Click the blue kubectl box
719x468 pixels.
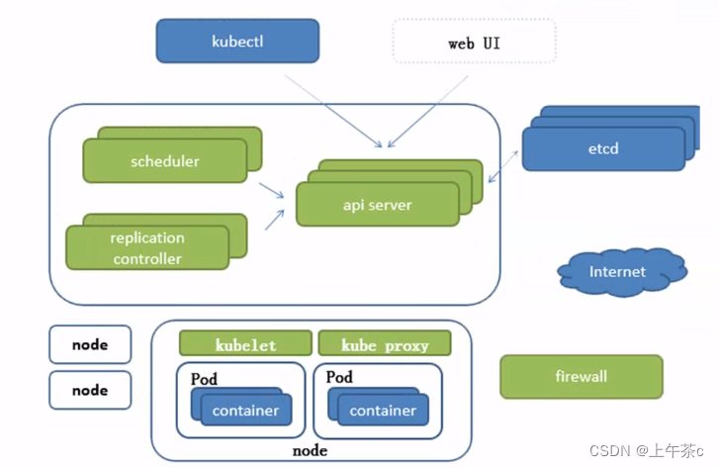point(237,41)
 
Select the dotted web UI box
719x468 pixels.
point(474,42)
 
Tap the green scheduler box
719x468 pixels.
point(165,161)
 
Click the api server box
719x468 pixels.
point(378,204)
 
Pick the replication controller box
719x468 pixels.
point(147,247)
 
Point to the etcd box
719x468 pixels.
point(603,148)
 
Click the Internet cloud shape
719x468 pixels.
point(622,272)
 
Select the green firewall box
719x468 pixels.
point(582,376)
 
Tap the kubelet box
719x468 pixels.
point(246,343)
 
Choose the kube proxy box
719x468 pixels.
point(385,343)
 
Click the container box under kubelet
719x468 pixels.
point(246,410)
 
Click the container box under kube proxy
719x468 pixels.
point(383,410)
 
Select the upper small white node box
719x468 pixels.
point(90,344)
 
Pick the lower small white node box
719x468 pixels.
point(90,390)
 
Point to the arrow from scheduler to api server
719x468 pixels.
point(271,190)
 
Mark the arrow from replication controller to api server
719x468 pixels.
point(275,220)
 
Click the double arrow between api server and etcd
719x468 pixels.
point(503,166)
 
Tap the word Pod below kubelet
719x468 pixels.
point(204,380)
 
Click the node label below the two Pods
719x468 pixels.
point(310,450)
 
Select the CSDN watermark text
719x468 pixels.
point(647,451)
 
